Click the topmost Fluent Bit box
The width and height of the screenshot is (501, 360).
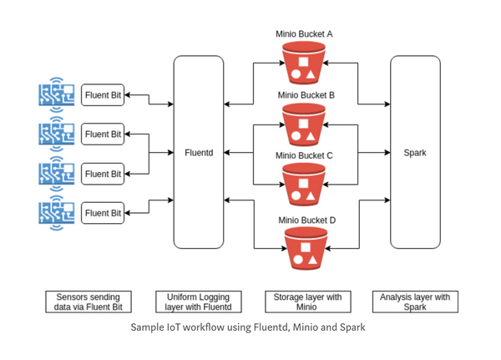[103, 95]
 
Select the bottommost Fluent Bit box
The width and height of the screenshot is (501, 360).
[103, 213]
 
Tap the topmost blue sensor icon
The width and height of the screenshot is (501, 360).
[57, 94]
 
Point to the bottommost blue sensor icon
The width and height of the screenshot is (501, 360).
[57, 213]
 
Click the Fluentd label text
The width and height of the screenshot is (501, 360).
[199, 153]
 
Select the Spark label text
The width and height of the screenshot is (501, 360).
[415, 153]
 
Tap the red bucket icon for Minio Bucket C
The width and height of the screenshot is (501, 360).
[305, 185]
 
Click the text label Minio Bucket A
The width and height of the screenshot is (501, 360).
[305, 34]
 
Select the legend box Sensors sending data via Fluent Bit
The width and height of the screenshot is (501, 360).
[88, 302]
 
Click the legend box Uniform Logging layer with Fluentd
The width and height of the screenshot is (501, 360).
[199, 302]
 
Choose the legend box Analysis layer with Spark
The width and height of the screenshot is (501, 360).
[415, 302]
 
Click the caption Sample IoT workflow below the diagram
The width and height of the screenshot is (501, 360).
[248, 327]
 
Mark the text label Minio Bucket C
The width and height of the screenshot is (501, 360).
[305, 155]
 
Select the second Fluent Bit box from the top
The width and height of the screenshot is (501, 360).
[103, 134]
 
